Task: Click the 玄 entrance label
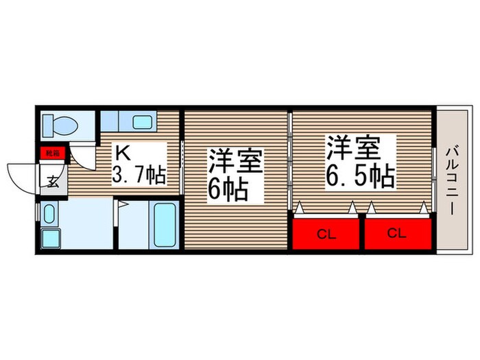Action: point(52,182)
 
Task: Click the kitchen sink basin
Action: point(143,123)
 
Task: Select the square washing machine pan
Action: point(51,237)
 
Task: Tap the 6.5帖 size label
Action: point(359,176)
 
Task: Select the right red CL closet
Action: point(398,232)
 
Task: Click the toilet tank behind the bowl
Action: point(48,125)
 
